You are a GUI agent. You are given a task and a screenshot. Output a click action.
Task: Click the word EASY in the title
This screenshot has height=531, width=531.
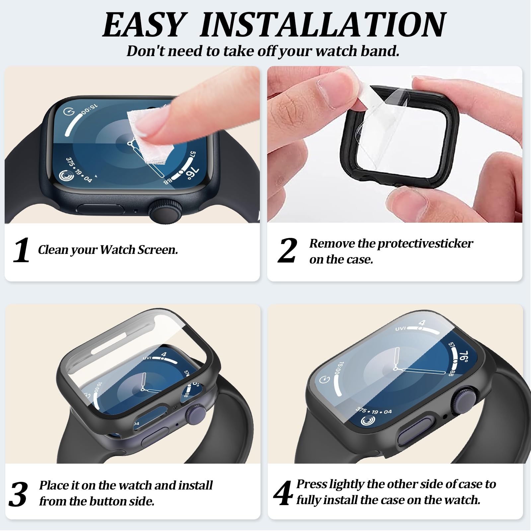tap(143, 25)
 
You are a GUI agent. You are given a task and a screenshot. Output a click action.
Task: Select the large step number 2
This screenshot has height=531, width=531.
tap(287, 250)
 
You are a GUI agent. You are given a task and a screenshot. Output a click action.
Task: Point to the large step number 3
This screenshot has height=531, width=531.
tap(18, 494)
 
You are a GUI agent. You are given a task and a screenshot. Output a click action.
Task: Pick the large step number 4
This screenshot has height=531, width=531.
tap(283, 493)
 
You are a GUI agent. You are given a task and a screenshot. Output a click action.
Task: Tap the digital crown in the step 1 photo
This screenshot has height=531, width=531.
tap(166, 210)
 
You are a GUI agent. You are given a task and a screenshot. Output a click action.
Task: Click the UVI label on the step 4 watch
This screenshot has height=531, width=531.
tap(401, 329)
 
